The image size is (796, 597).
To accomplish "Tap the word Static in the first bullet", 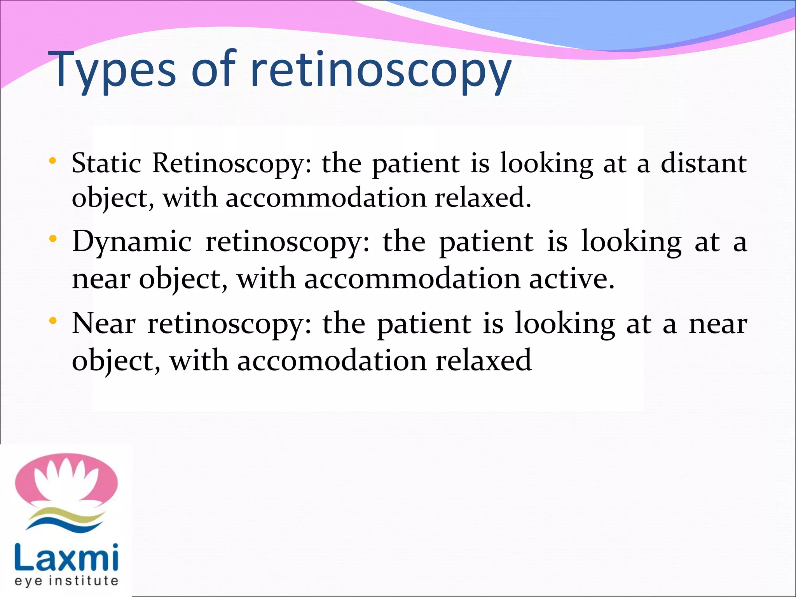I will click(106, 163).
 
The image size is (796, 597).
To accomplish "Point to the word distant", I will click(703, 163).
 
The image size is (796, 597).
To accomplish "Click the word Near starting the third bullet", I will click(104, 323).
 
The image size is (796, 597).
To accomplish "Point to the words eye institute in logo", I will click(66, 581).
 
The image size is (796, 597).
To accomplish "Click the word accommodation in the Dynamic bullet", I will click(412, 279).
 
